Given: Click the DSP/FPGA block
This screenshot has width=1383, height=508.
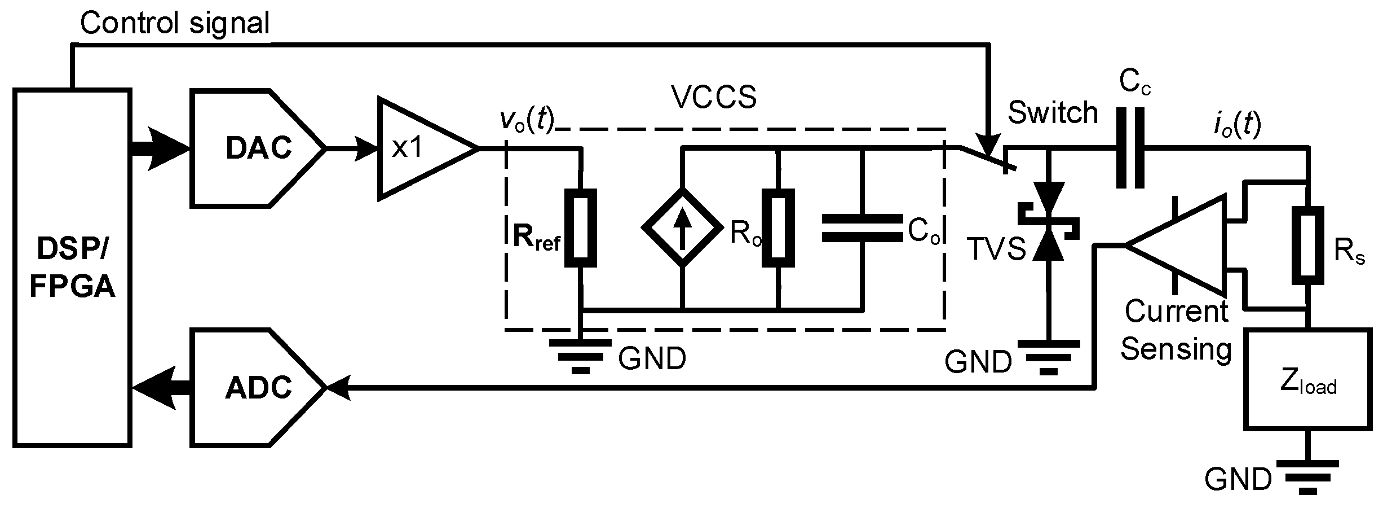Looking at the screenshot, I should click(x=72, y=268).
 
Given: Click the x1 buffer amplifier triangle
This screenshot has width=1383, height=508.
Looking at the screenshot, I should click(x=420, y=148).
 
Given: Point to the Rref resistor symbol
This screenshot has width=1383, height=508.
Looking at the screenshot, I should click(x=581, y=229).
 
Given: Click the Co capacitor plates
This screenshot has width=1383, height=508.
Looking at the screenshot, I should click(x=861, y=228).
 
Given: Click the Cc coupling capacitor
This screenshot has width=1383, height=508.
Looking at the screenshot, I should click(x=1130, y=148).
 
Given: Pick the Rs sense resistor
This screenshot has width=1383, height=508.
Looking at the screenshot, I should click(x=1308, y=245).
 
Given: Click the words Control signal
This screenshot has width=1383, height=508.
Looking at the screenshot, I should click(x=175, y=24).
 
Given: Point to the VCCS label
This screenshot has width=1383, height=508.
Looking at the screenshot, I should click(x=714, y=98).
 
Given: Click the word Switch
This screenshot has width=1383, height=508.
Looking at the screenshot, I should click(x=1053, y=113).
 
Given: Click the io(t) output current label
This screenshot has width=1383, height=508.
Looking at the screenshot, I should click(x=1237, y=125).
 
